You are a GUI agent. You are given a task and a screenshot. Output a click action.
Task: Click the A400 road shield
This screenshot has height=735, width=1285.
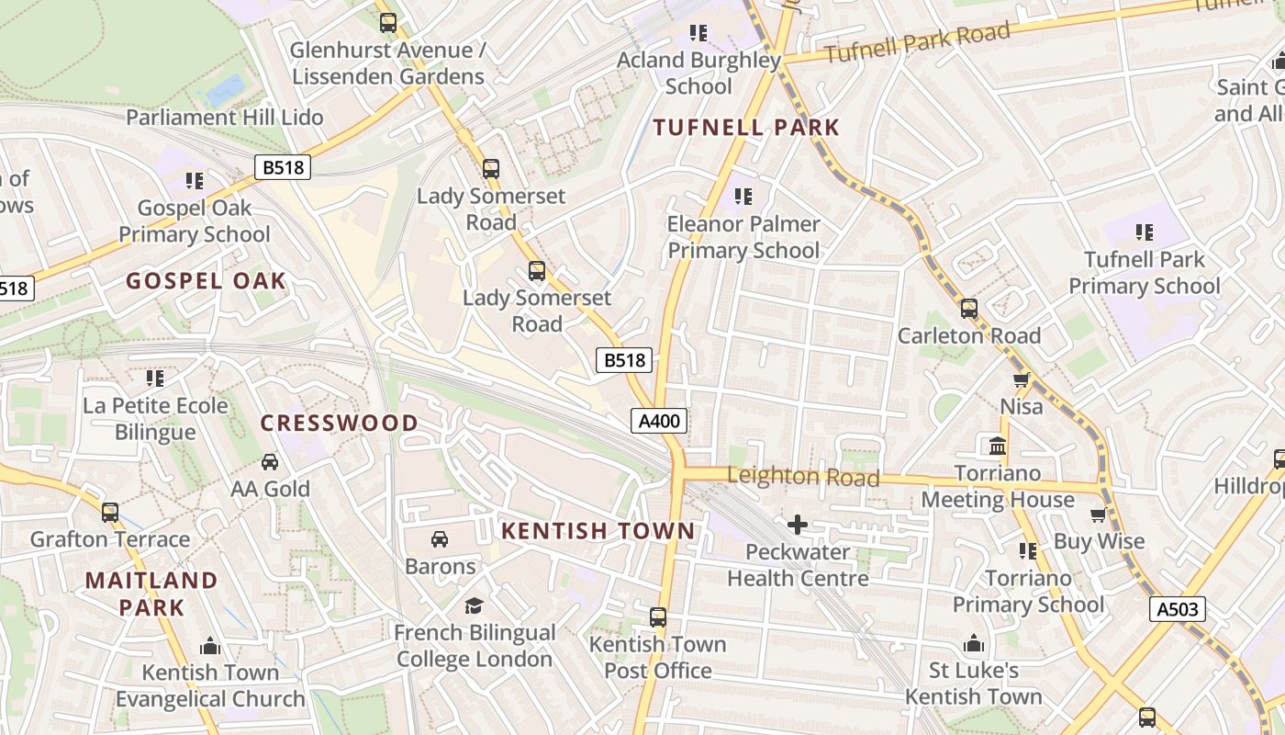[x=659, y=422]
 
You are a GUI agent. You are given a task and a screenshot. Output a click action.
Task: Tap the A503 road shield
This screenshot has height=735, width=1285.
[x=1177, y=608]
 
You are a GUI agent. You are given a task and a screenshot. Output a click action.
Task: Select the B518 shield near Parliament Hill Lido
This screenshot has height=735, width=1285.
[x=283, y=167]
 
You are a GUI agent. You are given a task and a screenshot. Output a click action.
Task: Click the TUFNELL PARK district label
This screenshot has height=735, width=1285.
[x=746, y=128]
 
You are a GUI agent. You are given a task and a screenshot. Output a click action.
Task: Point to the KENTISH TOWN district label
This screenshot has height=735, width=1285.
[x=598, y=531]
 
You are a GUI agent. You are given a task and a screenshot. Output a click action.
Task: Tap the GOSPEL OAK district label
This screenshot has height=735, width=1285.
[x=207, y=281]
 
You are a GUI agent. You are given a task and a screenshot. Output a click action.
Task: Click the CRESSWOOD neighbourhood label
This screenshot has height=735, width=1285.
[x=340, y=424]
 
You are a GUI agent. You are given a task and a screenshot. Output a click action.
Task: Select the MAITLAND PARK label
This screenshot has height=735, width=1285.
[x=151, y=594]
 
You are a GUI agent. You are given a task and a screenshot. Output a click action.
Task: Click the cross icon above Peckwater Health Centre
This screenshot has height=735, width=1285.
[x=798, y=525]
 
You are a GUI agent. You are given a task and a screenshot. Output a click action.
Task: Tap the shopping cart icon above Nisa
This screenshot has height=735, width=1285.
[x=1022, y=379]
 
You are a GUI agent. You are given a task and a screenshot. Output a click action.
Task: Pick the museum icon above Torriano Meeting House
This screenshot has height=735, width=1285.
[x=998, y=447]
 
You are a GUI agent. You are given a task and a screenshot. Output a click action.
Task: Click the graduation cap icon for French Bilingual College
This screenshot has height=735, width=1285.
[x=474, y=605]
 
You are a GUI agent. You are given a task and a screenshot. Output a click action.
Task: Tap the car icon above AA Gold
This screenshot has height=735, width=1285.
[x=270, y=461]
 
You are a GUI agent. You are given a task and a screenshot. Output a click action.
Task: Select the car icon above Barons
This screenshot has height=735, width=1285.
[x=440, y=538]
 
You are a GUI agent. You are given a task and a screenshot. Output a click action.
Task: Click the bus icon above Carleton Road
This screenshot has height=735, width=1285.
[x=969, y=309]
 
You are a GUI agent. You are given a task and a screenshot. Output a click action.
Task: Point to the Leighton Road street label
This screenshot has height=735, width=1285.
[x=803, y=477]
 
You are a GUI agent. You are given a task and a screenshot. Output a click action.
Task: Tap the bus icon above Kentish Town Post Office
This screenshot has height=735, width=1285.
[x=658, y=616]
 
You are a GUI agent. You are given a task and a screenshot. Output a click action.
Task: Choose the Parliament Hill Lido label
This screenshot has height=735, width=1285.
[x=225, y=118]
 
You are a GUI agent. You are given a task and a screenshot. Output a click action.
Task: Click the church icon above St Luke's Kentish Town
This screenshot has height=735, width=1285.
[x=974, y=643]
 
